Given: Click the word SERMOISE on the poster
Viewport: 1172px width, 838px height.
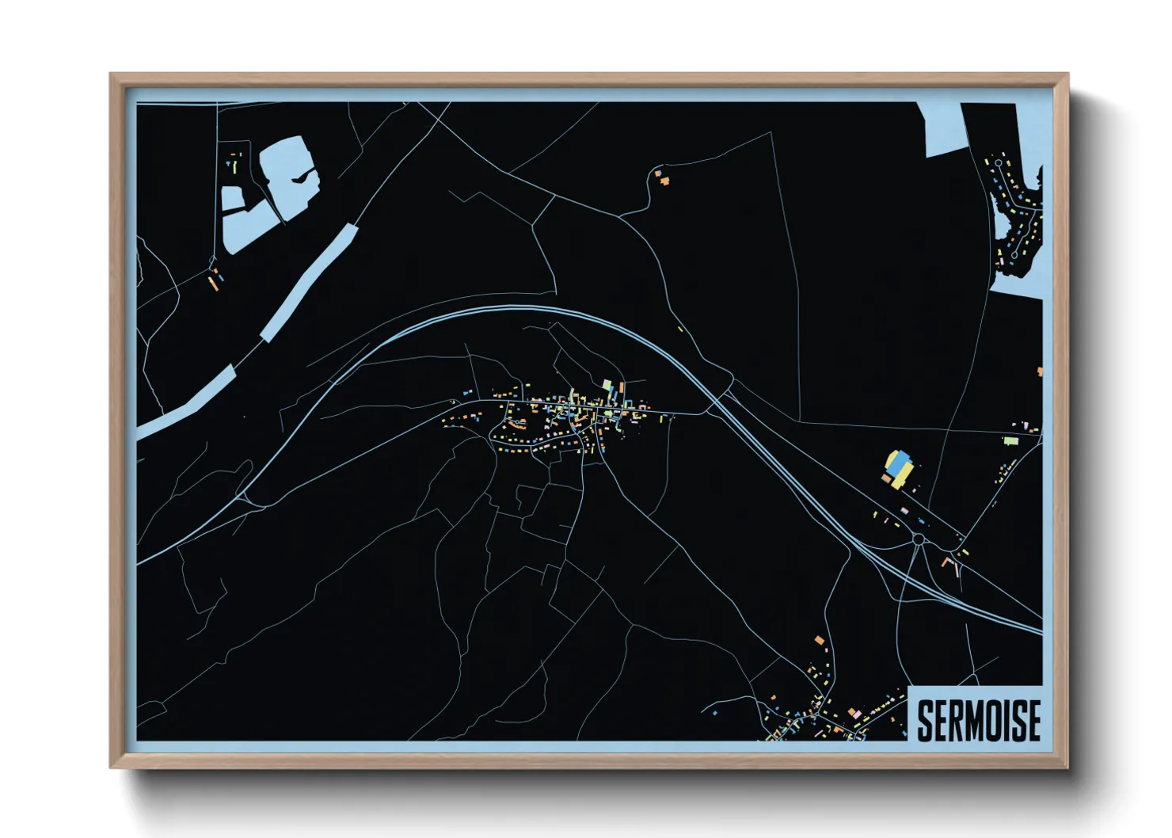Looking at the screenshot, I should [979, 720].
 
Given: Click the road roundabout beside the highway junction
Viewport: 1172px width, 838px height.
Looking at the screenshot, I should [919, 539].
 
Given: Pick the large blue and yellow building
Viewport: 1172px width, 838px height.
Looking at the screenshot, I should [898, 467].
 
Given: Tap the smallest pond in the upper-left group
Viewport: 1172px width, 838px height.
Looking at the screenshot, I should [232, 198].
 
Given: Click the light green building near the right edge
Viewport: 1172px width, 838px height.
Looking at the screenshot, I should [1010, 440].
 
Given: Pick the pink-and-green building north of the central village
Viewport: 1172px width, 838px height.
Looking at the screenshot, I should [607, 387].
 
